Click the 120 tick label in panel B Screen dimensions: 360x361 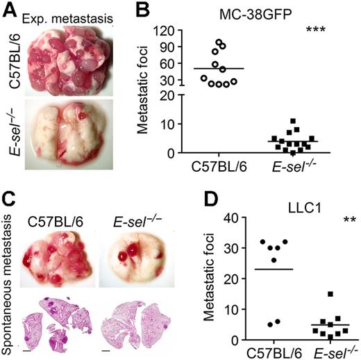pyautogui.click(x=183, y=31)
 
